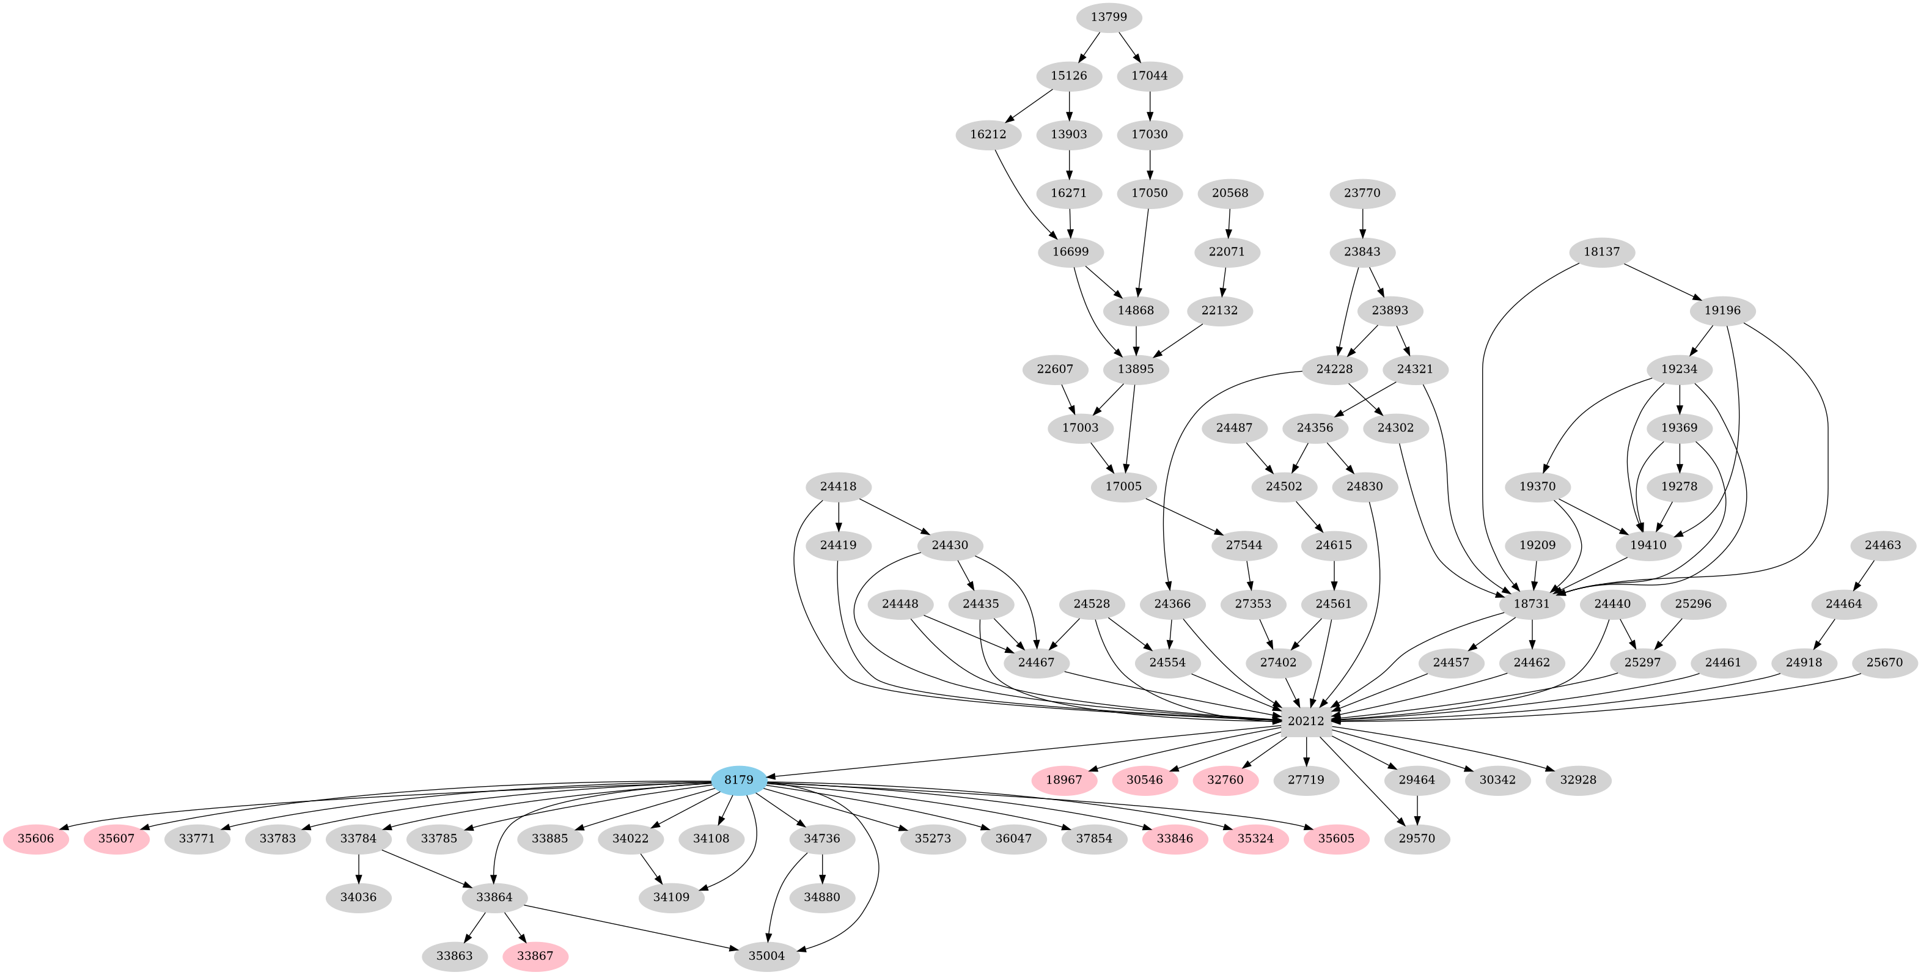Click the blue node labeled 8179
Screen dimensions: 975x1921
[x=738, y=779]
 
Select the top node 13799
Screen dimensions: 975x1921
[x=1109, y=17]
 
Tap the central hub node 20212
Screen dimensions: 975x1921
[x=1306, y=721]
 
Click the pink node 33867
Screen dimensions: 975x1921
[x=535, y=955]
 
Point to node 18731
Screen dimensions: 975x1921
[x=1532, y=603]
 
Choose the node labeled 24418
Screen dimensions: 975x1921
[x=838, y=487]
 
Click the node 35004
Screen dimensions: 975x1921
[x=766, y=955]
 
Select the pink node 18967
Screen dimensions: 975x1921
[x=1064, y=779]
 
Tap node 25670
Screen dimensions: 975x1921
[x=1884, y=663]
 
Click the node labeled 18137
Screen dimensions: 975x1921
[x=1602, y=251]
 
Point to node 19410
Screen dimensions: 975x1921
[x=1648, y=545]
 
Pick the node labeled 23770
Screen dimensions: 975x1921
[x=1362, y=193]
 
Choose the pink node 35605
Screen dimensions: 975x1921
[x=1335, y=839]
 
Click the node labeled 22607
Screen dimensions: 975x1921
[x=1055, y=369]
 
